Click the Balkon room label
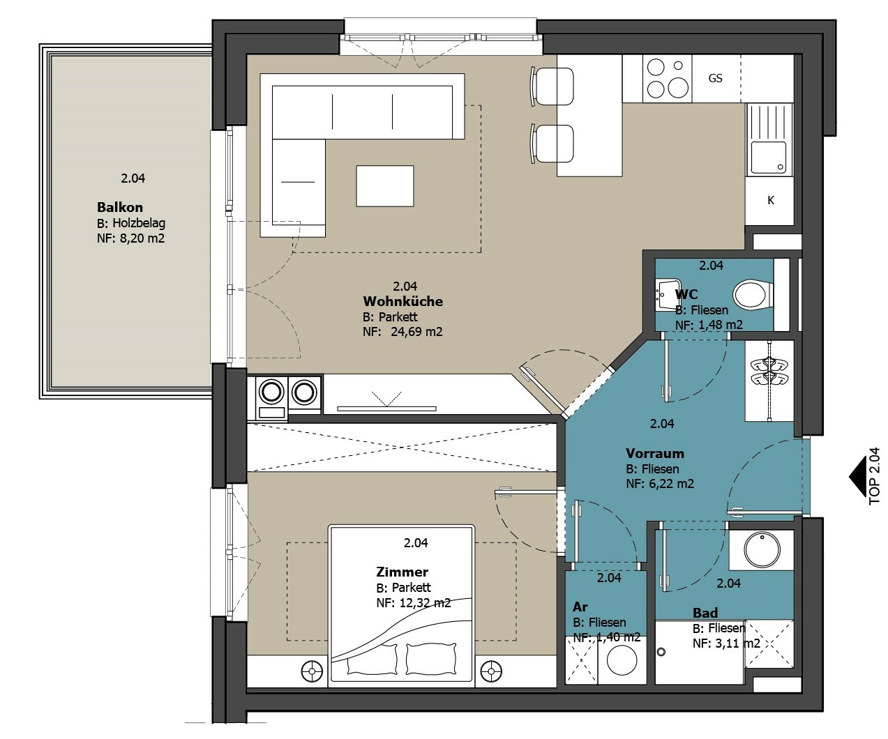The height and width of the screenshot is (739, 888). pos(119,207)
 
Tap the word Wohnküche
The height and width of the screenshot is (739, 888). pos(402,301)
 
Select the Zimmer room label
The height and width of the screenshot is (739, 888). pos(402,572)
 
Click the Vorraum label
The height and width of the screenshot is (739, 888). pos(654,453)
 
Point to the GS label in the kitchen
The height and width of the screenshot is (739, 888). pos(715,78)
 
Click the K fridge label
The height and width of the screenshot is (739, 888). pos(771,200)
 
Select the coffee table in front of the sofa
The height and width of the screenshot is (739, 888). pos(385,186)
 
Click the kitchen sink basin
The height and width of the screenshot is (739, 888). pos(768,158)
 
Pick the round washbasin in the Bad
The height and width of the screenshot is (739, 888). pos(762,549)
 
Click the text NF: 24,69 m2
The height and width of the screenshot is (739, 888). pos(402,332)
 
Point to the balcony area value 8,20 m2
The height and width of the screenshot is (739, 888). pos(142,238)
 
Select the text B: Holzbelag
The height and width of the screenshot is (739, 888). pos(131,223)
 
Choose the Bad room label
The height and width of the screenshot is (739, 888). pos(705,613)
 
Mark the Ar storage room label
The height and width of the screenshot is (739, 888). pos(580,607)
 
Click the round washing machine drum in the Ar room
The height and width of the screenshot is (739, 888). pos(622,661)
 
